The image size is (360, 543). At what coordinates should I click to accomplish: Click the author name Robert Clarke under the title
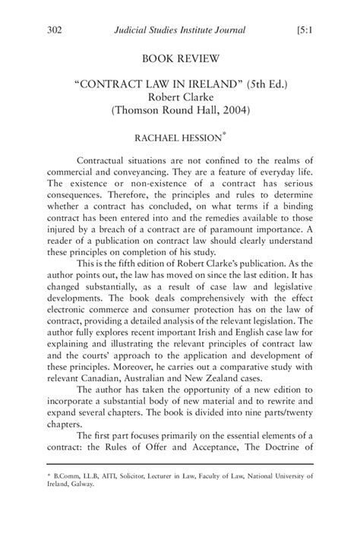point(179,96)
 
